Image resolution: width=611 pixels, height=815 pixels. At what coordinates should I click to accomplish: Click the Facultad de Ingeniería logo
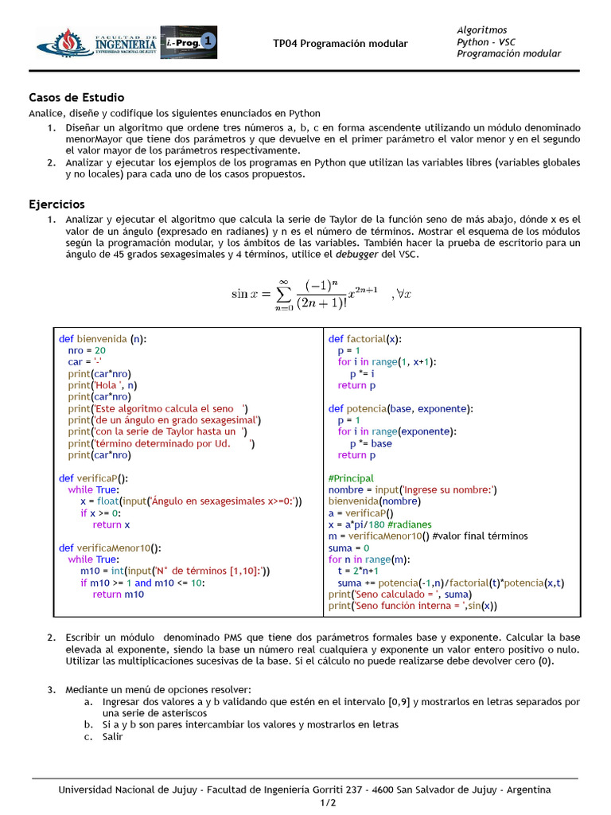tap(96, 43)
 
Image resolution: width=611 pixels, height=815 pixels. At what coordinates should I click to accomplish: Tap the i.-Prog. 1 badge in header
tap(188, 42)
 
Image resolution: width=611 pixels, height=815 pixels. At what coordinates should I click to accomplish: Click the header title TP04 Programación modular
tap(340, 44)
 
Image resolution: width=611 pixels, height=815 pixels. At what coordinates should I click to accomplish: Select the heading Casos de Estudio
tap(76, 98)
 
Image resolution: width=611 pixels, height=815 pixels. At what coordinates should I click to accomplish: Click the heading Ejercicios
tap(56, 204)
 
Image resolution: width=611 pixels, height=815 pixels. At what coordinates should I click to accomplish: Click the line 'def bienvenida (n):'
tap(103, 338)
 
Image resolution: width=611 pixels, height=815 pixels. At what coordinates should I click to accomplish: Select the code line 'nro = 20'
tap(87, 350)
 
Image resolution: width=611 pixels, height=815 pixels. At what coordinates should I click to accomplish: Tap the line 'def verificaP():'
tap(93, 478)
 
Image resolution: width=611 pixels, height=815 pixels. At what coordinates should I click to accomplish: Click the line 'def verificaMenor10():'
tap(110, 548)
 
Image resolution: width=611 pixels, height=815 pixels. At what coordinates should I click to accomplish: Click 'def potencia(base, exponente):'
tap(400, 408)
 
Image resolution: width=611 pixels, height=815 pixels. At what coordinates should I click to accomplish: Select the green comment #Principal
tap(351, 478)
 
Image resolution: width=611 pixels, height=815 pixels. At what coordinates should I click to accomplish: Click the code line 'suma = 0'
tap(348, 548)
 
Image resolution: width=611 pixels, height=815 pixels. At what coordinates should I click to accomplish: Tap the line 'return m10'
tap(119, 594)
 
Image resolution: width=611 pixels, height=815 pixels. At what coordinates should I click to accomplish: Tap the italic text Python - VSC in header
tap(486, 41)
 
